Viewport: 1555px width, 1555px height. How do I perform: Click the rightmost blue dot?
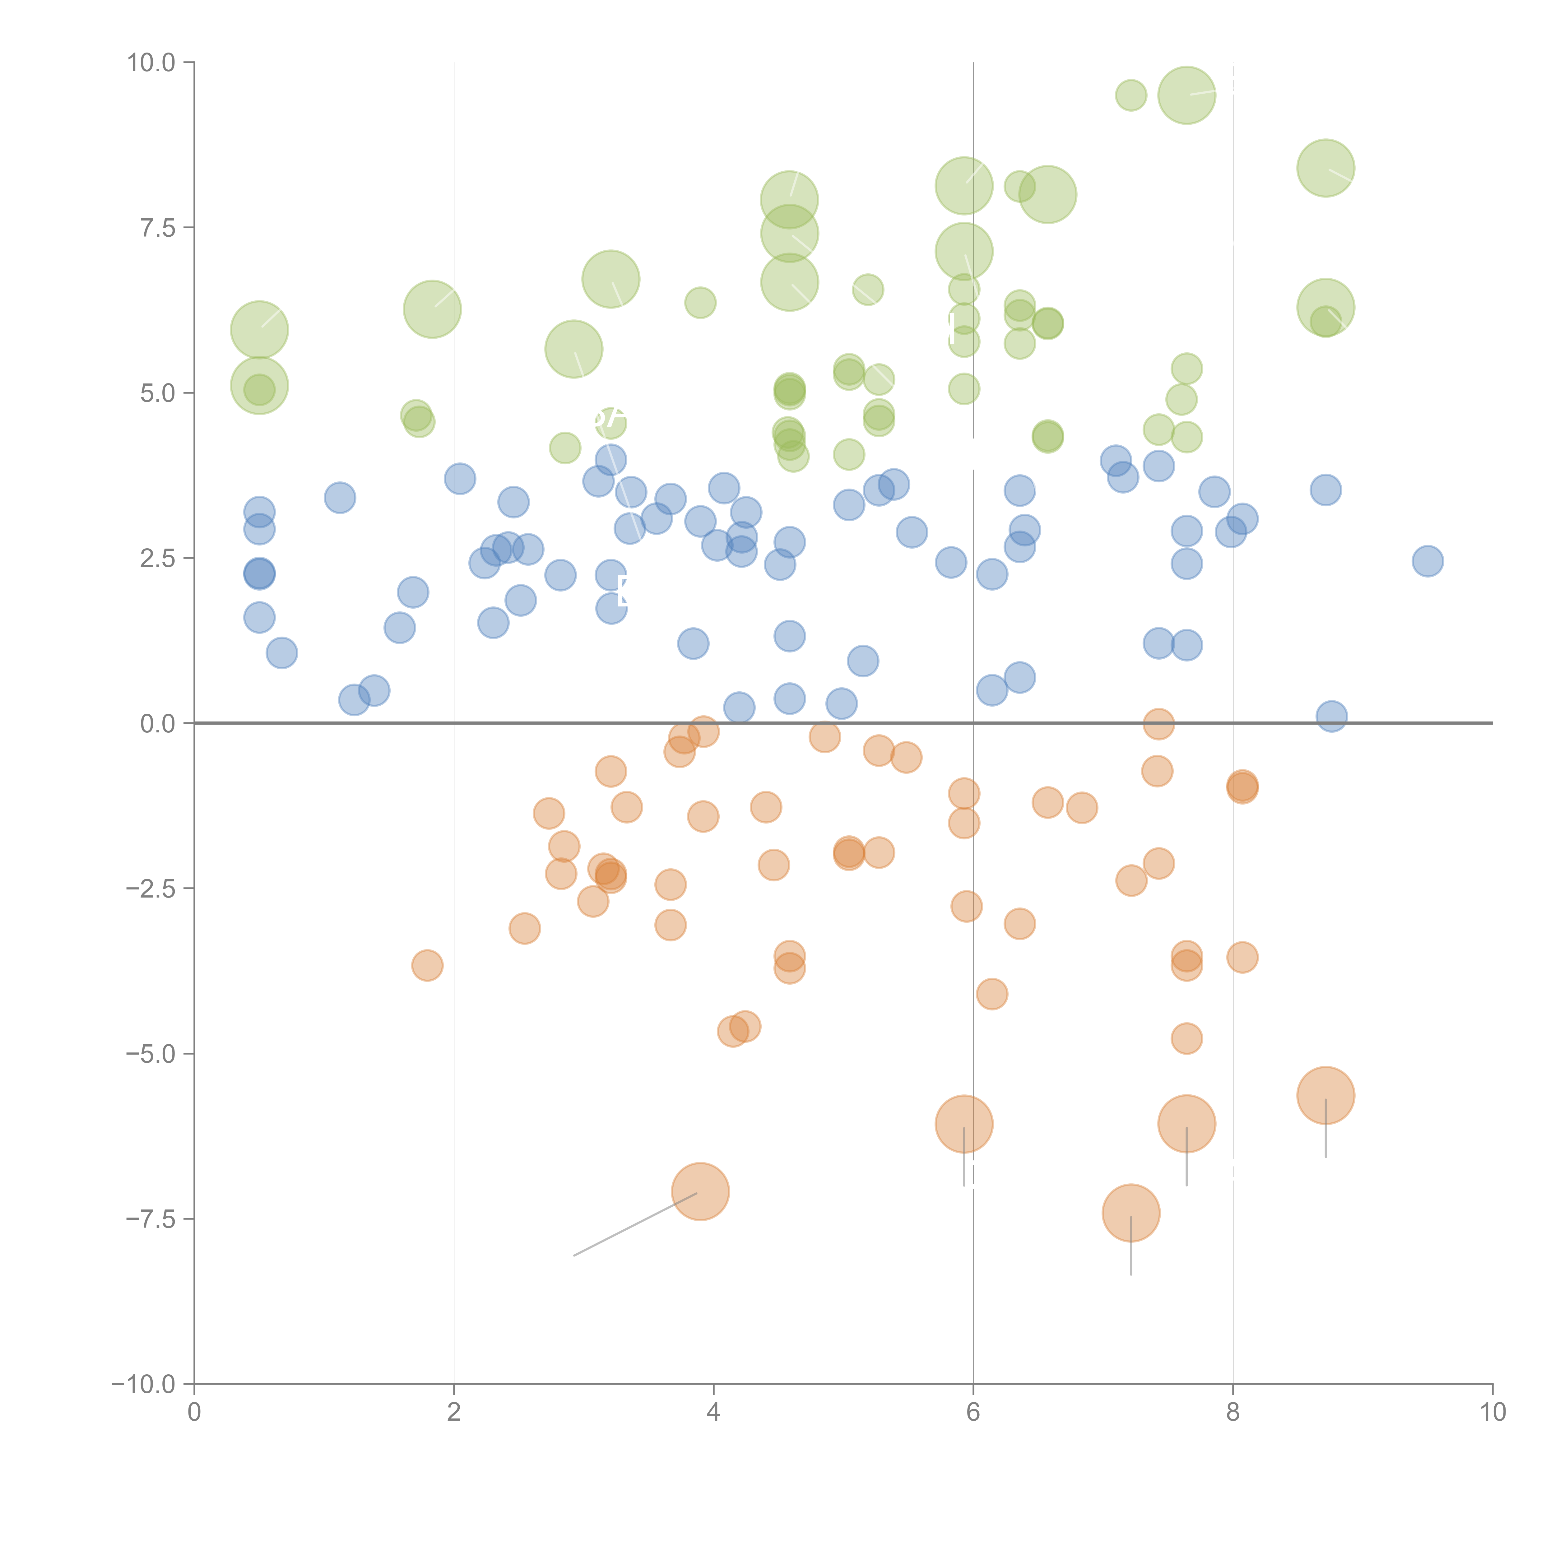point(1427,561)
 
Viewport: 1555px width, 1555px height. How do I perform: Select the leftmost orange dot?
point(427,965)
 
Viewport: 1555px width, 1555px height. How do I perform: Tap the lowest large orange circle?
point(1131,1213)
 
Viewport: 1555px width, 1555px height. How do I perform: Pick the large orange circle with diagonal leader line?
point(700,1191)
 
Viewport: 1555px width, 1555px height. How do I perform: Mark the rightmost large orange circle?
point(1325,1095)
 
